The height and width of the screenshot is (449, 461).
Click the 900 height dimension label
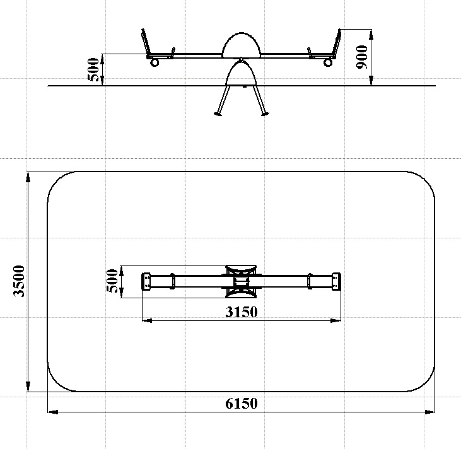click(x=362, y=57)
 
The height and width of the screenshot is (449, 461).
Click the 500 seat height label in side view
click(x=93, y=69)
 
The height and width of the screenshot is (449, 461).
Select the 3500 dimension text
click(x=19, y=281)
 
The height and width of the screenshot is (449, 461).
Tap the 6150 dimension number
click(x=242, y=404)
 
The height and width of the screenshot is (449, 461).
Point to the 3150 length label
click(x=242, y=312)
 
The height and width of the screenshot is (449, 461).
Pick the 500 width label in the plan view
click(x=112, y=281)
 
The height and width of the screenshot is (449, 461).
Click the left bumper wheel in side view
click(x=155, y=62)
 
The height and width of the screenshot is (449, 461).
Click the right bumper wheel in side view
click(x=328, y=62)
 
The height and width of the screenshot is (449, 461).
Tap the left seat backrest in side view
click(x=145, y=42)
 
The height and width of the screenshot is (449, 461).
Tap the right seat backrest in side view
click(x=337, y=42)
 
